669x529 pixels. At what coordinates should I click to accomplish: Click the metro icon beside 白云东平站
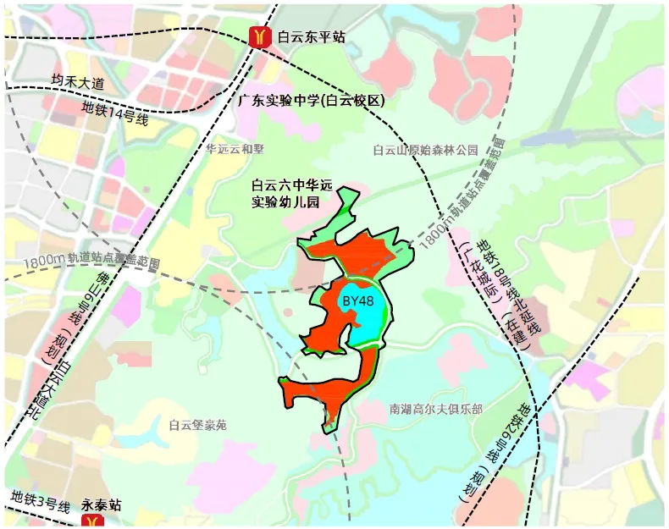pos(259,36)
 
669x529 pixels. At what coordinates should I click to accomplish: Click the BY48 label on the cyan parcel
pos(357,300)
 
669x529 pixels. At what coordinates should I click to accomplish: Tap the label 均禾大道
pos(76,82)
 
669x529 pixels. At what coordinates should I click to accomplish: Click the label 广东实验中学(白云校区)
pos(311,101)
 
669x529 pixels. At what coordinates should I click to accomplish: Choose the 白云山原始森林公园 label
pos(425,150)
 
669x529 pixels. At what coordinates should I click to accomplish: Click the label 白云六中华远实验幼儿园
pos(287,194)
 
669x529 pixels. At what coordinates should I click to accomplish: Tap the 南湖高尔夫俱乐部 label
pos(435,409)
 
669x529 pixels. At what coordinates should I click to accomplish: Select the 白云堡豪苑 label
pos(197,425)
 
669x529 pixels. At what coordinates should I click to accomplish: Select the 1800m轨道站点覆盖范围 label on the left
pos(92,262)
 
